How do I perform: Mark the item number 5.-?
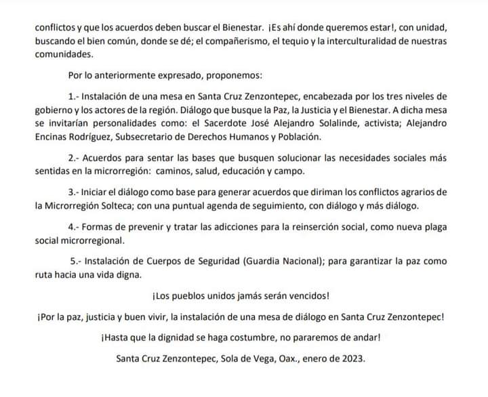pos(78,260)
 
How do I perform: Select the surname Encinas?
pos(55,137)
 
